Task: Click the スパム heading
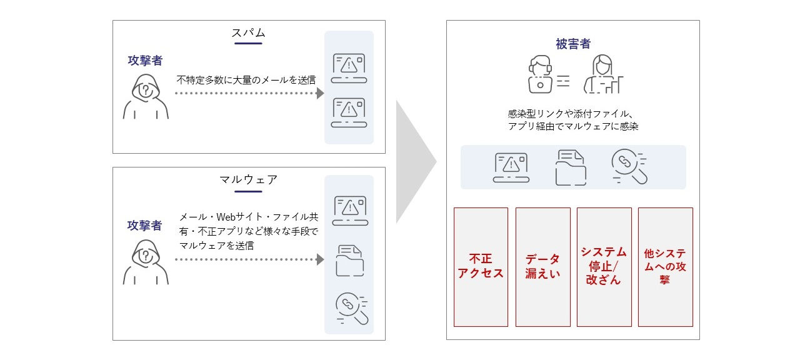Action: tap(249, 33)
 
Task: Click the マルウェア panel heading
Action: tap(249, 179)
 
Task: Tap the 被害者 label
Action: tap(572, 44)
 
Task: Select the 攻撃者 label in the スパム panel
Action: tap(145, 60)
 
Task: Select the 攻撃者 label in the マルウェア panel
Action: tap(145, 225)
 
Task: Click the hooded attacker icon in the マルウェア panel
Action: tap(145, 262)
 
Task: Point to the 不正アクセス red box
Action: tap(481, 267)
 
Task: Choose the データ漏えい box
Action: tap(542, 267)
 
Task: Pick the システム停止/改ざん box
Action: tap(604, 267)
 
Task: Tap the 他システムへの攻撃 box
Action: tap(665, 267)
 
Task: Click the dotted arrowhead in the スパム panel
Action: tap(320, 93)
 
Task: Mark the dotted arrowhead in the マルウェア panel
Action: tap(320, 259)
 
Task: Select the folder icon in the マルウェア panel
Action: tap(349, 261)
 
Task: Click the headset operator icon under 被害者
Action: tap(541, 74)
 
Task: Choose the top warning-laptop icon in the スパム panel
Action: tap(349, 67)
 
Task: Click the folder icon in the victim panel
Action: tap(571, 167)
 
